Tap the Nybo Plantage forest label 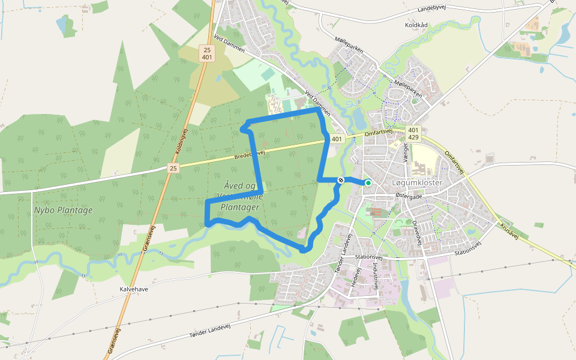point(63,210)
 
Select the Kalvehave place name point(134,289)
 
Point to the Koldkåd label point(416,25)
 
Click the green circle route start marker point(368,182)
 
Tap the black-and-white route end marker point(341,179)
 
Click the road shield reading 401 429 point(413,133)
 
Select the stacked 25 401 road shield point(207,53)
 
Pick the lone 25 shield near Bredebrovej point(173,169)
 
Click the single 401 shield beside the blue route point(336,139)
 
